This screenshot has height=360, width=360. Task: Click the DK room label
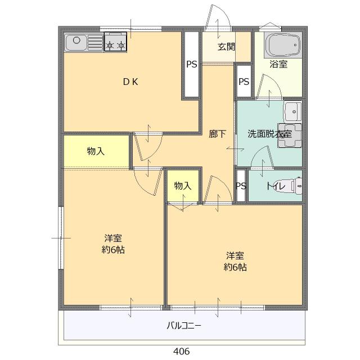(130, 82)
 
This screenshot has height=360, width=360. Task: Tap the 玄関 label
(227, 46)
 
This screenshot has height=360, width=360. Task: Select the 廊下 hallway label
(218, 134)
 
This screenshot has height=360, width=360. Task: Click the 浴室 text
(278, 64)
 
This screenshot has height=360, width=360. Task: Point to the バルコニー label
(183, 326)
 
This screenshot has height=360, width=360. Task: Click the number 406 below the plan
(181, 351)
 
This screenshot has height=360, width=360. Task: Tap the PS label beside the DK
(191, 64)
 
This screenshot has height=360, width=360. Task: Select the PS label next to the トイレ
(241, 186)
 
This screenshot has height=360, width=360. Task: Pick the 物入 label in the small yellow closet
(183, 186)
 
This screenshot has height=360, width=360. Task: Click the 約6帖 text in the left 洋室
(114, 250)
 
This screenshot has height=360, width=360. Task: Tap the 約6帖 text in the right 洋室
(235, 267)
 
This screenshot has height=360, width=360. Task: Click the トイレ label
(276, 186)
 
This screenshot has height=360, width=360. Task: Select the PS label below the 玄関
(243, 82)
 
